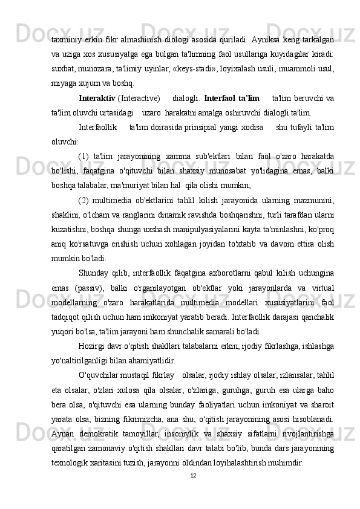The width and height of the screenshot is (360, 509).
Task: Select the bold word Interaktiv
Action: pyautogui.click(x=97, y=97)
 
